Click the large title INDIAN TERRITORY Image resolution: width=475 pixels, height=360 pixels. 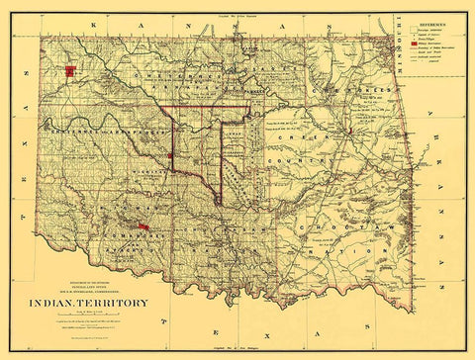(94, 303)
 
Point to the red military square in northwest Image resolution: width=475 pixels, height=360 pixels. (70, 70)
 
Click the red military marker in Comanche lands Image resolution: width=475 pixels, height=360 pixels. (143, 227)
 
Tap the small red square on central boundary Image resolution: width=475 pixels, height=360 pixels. (171, 155)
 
